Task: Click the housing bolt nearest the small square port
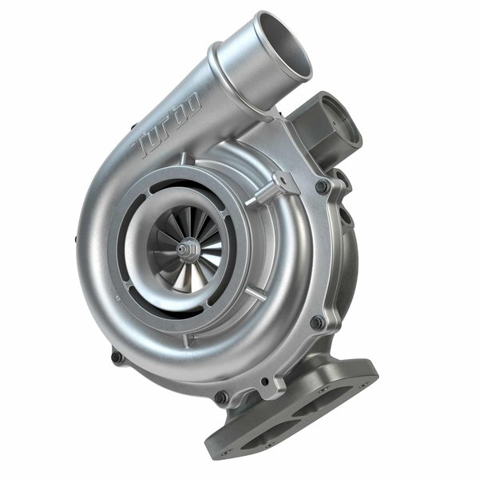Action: pyautogui.click(x=321, y=186)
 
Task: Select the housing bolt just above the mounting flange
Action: pyautogui.click(x=317, y=323)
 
